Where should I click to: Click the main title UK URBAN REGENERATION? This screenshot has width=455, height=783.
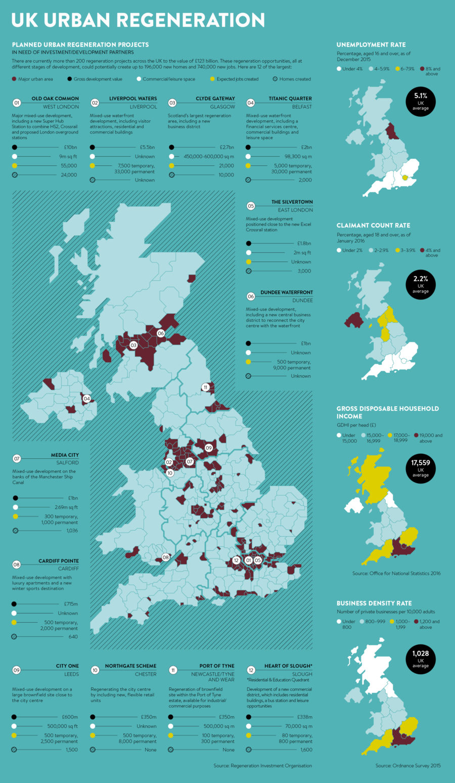(138, 20)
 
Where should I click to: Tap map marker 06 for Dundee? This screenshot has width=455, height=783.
(161, 333)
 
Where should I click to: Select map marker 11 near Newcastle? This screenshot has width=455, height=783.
(205, 387)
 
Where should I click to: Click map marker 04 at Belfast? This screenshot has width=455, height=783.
(87, 399)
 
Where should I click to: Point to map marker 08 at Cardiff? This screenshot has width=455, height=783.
(165, 557)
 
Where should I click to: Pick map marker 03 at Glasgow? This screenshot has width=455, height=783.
(133, 345)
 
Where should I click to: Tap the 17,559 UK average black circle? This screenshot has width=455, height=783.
(420, 468)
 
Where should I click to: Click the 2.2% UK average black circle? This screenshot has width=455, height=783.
(420, 285)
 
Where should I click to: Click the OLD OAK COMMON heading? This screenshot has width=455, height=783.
(55, 99)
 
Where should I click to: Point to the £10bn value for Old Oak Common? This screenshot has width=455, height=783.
(71, 147)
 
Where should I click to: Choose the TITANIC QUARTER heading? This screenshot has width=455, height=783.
(290, 99)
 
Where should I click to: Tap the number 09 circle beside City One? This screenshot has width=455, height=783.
(17, 670)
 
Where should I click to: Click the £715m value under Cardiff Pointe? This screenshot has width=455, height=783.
(71, 604)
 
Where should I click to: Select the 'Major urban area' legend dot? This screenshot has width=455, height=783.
(14, 79)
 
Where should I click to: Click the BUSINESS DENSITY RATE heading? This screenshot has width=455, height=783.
(374, 603)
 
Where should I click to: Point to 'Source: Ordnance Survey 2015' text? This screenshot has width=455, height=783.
(408, 765)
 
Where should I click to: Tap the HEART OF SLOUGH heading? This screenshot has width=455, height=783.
(288, 666)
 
